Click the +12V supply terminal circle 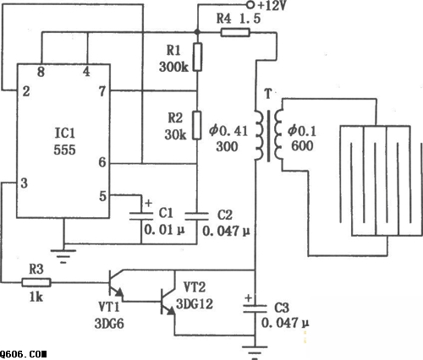click(x=250, y=4)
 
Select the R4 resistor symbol click(x=235, y=33)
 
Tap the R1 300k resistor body click(x=197, y=57)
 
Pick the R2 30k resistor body click(x=197, y=125)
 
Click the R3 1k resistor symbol click(x=36, y=282)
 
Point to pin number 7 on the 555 click(x=102, y=91)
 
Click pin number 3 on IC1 click(x=25, y=183)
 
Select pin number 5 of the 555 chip click(x=103, y=196)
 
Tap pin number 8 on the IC click(x=41, y=72)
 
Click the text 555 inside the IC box click(x=64, y=150)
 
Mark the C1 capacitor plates click(x=141, y=216)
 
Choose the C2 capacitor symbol click(x=197, y=216)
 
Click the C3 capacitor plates click(x=255, y=308)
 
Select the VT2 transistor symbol click(x=168, y=302)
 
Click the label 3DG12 click(x=195, y=304)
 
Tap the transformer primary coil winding click(x=260, y=135)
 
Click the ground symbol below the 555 click(x=63, y=256)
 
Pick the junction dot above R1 click(x=197, y=32)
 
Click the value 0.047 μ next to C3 click(x=285, y=323)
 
